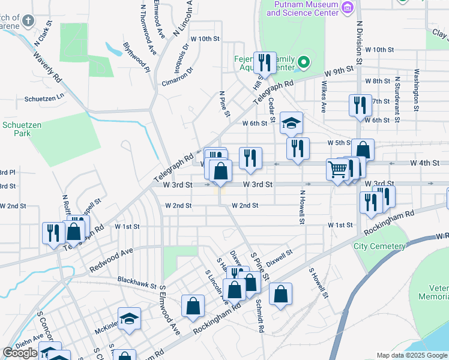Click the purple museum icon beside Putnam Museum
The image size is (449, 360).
[x=347, y=7]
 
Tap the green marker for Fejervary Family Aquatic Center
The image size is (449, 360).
[x=304, y=62]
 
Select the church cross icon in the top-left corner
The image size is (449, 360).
[x=27, y=22]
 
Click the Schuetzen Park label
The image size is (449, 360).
[x=16, y=129]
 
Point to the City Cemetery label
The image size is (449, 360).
[x=379, y=246]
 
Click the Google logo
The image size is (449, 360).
[x=20, y=353]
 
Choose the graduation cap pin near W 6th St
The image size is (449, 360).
[x=292, y=124]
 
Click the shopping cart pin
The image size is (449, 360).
[x=337, y=169]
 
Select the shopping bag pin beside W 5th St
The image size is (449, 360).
[x=363, y=149]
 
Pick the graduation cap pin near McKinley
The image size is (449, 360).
[x=129, y=318]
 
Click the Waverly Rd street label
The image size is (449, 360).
[x=47, y=70]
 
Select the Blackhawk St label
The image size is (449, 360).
[x=137, y=280]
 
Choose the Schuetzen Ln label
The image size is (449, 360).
[x=44, y=98]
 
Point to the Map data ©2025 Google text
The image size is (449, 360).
[x=411, y=355]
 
